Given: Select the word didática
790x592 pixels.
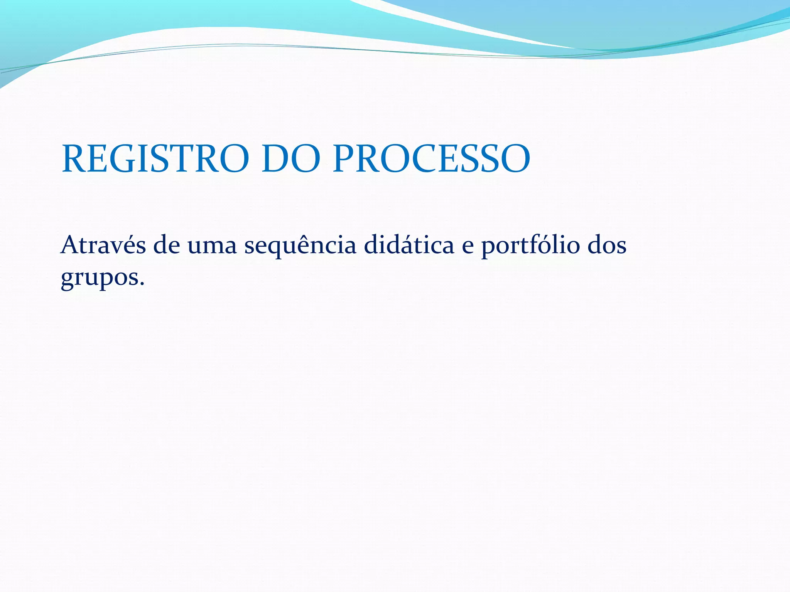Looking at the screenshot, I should pos(409,245).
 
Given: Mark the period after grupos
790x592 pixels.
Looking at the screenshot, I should pos(142,284).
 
